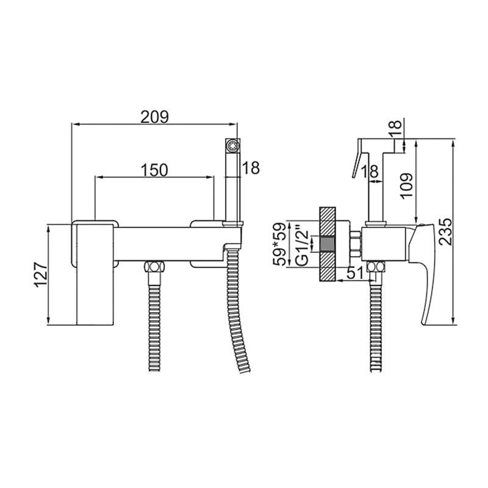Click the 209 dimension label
tap(155, 117)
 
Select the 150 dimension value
tap(155, 170)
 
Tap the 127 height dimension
tap(41, 275)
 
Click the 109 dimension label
tap(406, 186)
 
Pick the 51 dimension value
tap(355, 273)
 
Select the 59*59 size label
tap(279, 244)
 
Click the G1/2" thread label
tap(301, 248)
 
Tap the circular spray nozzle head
tap(232, 146)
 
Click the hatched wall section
tap(327, 244)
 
